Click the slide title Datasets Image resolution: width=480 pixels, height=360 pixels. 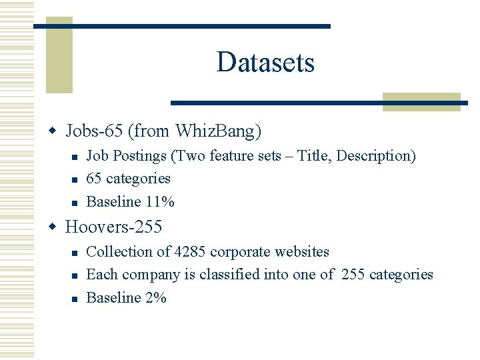[x=265, y=63]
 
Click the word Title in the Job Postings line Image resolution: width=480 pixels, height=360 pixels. [x=313, y=156]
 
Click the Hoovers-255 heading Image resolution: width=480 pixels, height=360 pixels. [x=113, y=227]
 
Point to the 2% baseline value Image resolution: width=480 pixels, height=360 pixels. [x=155, y=298]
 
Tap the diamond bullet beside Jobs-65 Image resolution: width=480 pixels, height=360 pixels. [x=55, y=130]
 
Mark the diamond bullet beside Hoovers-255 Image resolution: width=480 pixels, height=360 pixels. [x=55, y=227]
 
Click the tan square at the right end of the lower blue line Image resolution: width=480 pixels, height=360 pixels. [x=421, y=101]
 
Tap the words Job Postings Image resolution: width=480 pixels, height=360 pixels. [x=127, y=156]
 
